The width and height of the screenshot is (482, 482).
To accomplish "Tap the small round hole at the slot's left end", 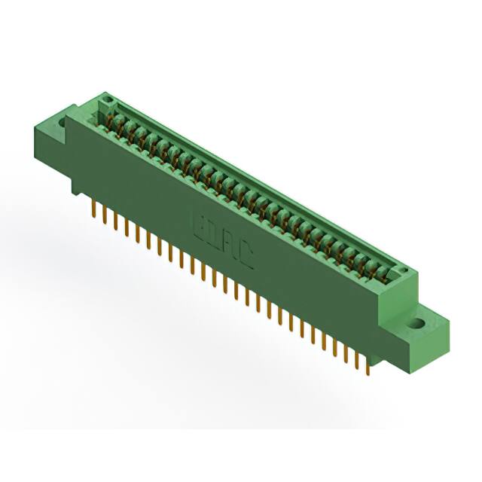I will (107, 99).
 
